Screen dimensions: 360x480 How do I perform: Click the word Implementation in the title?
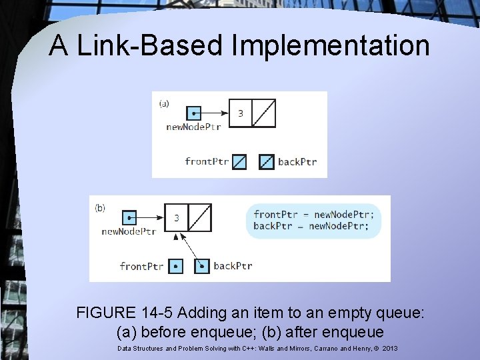331,45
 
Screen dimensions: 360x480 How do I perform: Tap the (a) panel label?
163,103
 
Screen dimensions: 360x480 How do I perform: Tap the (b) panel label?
100,207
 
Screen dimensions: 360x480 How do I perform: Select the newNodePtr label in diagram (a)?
193,127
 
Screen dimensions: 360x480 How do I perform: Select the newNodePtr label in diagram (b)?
129,231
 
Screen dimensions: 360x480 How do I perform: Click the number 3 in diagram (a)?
241,113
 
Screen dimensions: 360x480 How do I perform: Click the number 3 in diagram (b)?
176,217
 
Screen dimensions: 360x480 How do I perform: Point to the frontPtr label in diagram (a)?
207,161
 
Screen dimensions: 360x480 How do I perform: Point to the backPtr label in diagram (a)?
297,161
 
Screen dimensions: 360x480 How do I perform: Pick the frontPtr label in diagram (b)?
141,266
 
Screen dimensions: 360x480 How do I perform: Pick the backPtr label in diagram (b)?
233,265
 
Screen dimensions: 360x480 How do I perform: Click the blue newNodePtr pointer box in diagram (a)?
193,113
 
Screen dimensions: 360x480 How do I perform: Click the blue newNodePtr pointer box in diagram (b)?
129,217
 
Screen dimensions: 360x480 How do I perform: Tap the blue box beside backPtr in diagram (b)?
202,266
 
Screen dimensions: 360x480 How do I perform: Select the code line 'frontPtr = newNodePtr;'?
314,214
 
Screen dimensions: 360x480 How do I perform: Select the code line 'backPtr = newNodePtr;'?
311,226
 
